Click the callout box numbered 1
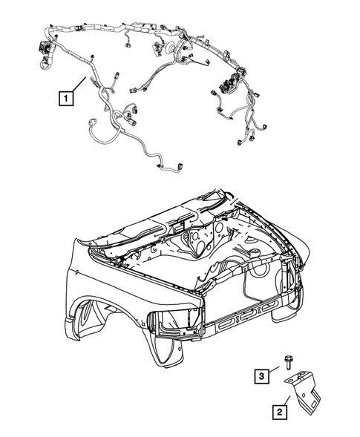click(68, 97)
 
